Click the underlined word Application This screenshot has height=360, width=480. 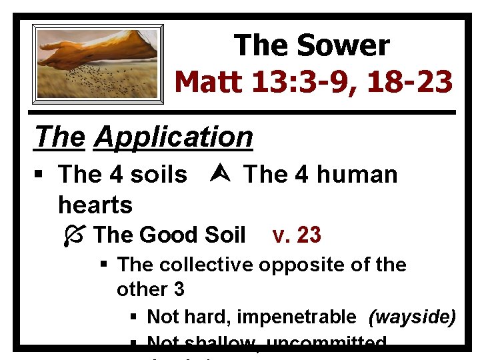[x=173, y=137]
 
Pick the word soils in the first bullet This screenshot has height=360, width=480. [x=159, y=175]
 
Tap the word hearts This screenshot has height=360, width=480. [x=95, y=204]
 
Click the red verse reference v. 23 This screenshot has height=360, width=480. [x=297, y=235]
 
